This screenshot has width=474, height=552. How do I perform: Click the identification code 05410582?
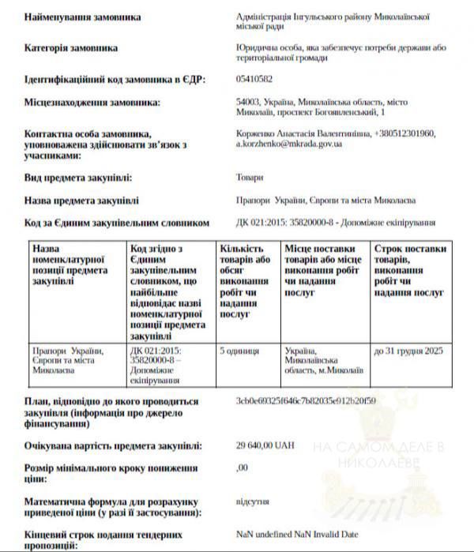tap(254, 79)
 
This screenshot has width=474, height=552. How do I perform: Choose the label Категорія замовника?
tap(71, 47)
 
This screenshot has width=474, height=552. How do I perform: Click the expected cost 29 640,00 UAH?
tap(265, 445)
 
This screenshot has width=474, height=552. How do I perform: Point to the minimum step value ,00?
tap(242, 468)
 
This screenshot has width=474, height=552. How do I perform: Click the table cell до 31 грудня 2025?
tap(408, 349)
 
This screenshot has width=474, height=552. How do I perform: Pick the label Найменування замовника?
tap(83, 16)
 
